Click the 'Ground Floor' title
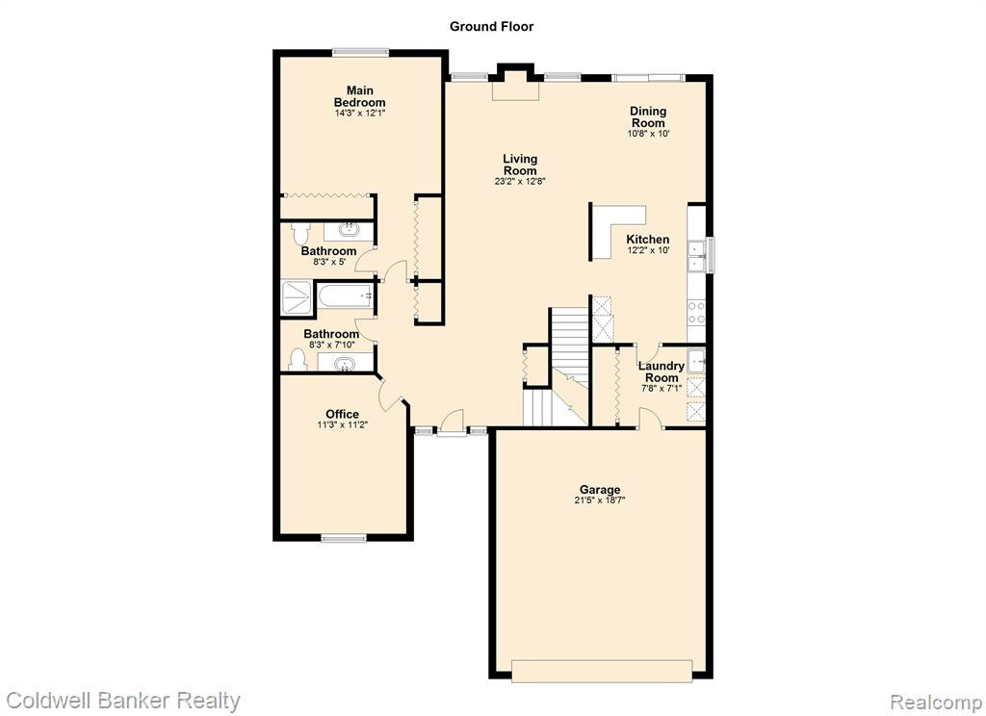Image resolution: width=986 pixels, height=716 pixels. (491, 26)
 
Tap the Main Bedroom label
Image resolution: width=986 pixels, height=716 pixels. (360, 96)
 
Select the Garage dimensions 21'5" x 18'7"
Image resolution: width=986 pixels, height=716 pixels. (600, 500)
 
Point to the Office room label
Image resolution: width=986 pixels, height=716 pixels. (342, 414)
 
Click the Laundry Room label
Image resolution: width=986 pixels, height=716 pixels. (662, 371)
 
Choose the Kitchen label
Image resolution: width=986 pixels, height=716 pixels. (648, 239)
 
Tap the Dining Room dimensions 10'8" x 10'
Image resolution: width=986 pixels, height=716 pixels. (648, 133)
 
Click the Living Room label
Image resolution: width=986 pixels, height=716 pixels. (520, 165)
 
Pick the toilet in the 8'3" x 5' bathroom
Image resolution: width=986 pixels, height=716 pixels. (300, 233)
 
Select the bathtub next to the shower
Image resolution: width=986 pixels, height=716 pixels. (345, 296)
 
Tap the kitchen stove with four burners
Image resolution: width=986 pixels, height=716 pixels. (697, 313)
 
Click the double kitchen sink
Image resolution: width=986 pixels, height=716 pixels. (697, 257)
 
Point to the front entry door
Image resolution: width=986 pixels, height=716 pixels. (452, 422)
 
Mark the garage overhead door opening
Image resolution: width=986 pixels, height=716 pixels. (602, 671)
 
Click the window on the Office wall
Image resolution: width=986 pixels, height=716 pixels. (344, 538)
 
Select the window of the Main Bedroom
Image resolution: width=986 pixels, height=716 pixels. (360, 53)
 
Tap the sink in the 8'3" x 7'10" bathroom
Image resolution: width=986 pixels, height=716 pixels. (344, 364)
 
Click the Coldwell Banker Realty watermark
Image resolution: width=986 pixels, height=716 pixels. (123, 701)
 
